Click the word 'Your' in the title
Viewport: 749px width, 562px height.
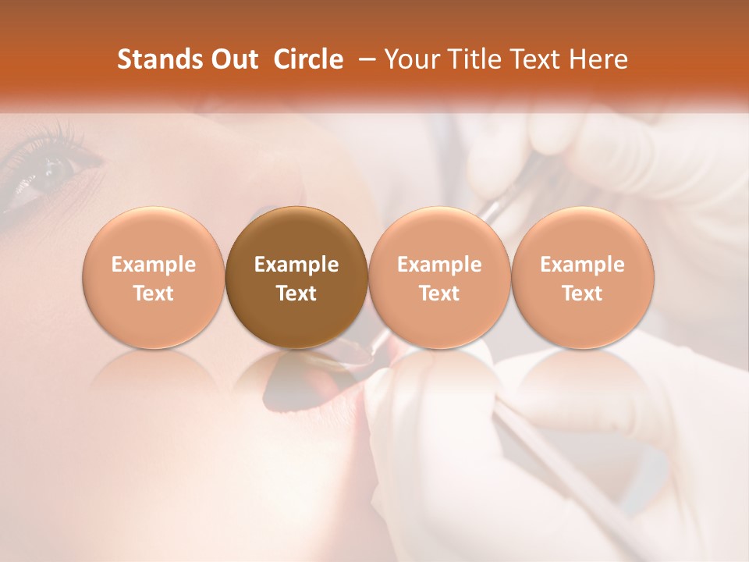pos(410,59)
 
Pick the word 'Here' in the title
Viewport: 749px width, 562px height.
pos(599,59)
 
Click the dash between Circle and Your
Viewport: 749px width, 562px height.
pos(364,59)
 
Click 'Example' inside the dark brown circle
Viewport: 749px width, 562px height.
pos(296,265)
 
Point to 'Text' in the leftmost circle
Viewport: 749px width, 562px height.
pos(154,293)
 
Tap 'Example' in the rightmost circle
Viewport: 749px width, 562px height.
pos(583,265)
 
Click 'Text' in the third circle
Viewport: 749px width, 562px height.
pos(439,293)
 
